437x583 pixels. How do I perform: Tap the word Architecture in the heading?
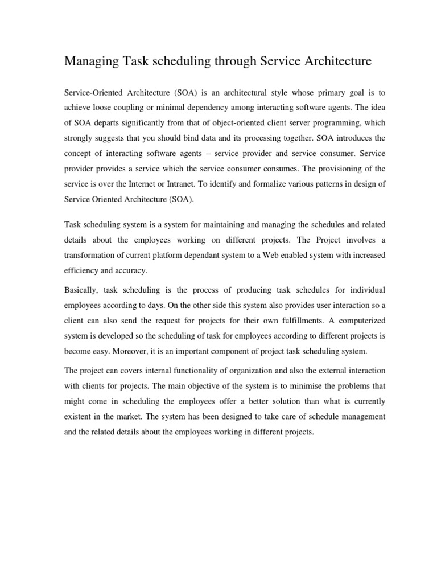point(337,61)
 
